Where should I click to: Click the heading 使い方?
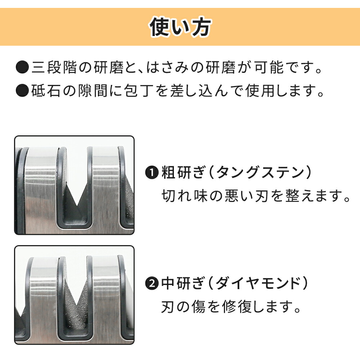tap(180, 27)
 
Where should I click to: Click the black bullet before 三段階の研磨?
tap(22, 67)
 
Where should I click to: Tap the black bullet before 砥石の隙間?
tap(22, 90)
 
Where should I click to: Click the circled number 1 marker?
tap(152, 172)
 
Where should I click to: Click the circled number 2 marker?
tap(152, 283)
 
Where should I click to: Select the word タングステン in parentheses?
tap(260, 172)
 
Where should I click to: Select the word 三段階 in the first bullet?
tap(54, 67)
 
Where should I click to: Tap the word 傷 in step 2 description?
tap(199, 307)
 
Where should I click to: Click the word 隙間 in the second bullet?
tap(93, 90)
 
